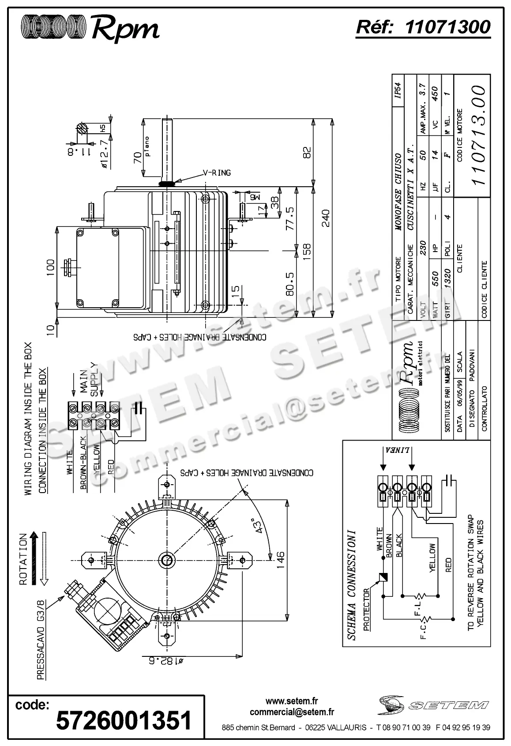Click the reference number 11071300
pos(447,27)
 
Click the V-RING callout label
pos(217,173)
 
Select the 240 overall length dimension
pos(325,218)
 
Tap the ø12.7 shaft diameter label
pos(104,154)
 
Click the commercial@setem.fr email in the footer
pos(292,712)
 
